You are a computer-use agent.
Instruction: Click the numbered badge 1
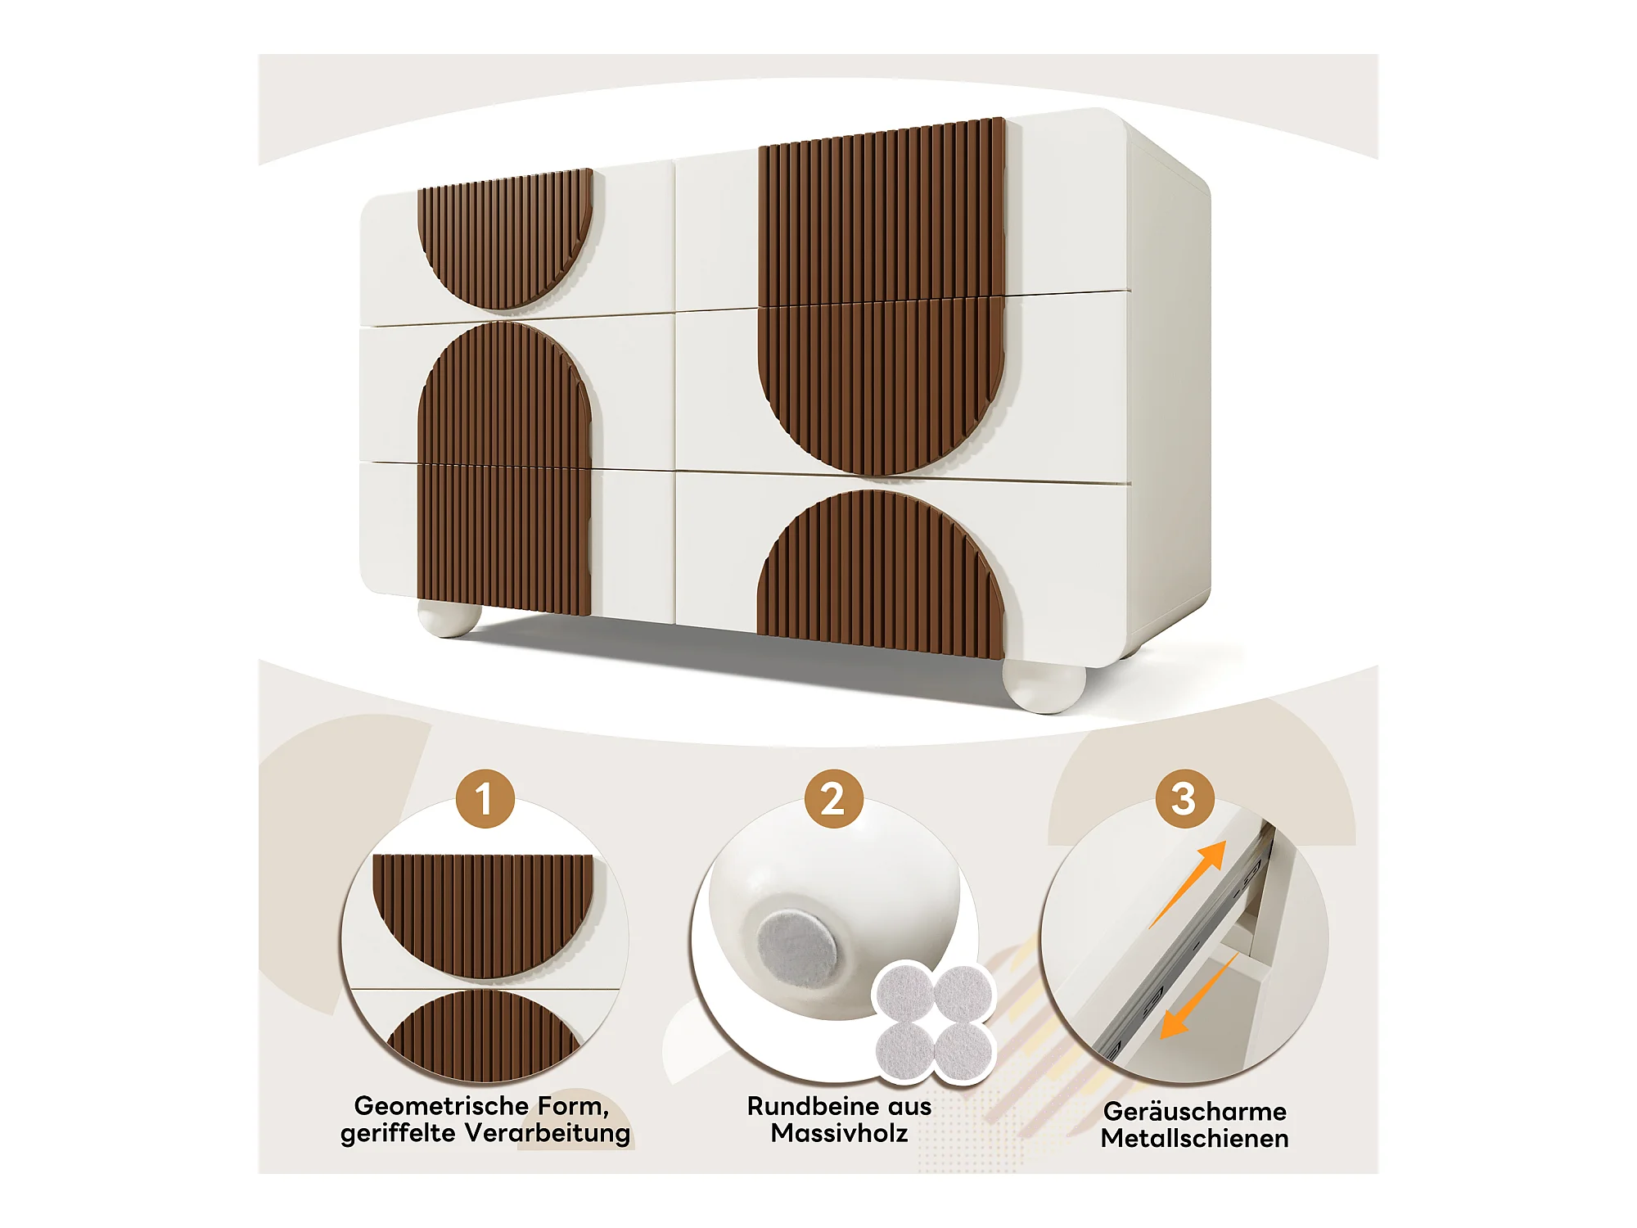click(485, 799)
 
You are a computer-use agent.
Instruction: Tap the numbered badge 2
click(833, 799)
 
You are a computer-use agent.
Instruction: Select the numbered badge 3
click(1184, 799)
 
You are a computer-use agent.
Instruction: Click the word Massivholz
click(839, 1133)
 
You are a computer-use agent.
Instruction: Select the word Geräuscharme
click(1194, 1112)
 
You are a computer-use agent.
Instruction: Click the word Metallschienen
click(1194, 1139)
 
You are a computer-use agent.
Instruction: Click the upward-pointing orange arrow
click(1188, 883)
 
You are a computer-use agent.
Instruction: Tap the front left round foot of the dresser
click(449, 619)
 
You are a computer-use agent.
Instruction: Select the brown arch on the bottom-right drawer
click(881, 574)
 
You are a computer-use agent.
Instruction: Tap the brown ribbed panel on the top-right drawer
click(882, 212)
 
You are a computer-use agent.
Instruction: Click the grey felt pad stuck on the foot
click(796, 950)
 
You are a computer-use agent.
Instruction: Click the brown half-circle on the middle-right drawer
click(882, 386)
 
